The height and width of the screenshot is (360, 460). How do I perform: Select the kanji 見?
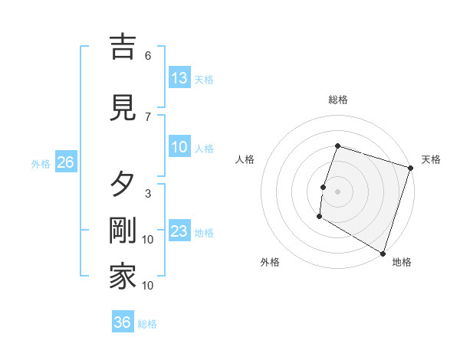click(x=123, y=107)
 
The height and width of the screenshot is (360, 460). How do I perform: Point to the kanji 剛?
click(x=123, y=233)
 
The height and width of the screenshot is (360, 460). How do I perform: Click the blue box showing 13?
click(x=179, y=78)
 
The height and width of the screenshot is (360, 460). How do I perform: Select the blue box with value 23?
click(x=179, y=232)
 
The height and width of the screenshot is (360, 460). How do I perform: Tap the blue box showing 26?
click(x=65, y=162)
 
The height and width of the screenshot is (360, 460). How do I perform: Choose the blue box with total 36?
click(x=123, y=322)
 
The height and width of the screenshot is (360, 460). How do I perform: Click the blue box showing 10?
click(x=179, y=147)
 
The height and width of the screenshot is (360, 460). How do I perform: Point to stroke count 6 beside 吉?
click(x=148, y=56)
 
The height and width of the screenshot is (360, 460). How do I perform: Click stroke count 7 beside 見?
click(x=148, y=116)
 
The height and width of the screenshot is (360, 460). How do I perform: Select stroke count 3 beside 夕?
click(x=148, y=193)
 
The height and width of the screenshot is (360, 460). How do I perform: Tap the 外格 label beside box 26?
click(x=41, y=163)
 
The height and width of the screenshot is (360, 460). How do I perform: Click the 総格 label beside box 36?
click(x=148, y=324)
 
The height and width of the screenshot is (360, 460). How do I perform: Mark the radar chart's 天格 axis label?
click(x=431, y=159)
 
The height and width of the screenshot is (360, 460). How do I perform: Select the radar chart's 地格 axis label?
click(x=402, y=262)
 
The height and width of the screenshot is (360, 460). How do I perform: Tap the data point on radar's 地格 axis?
click(x=383, y=253)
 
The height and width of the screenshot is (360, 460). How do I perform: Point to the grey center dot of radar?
click(x=337, y=191)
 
